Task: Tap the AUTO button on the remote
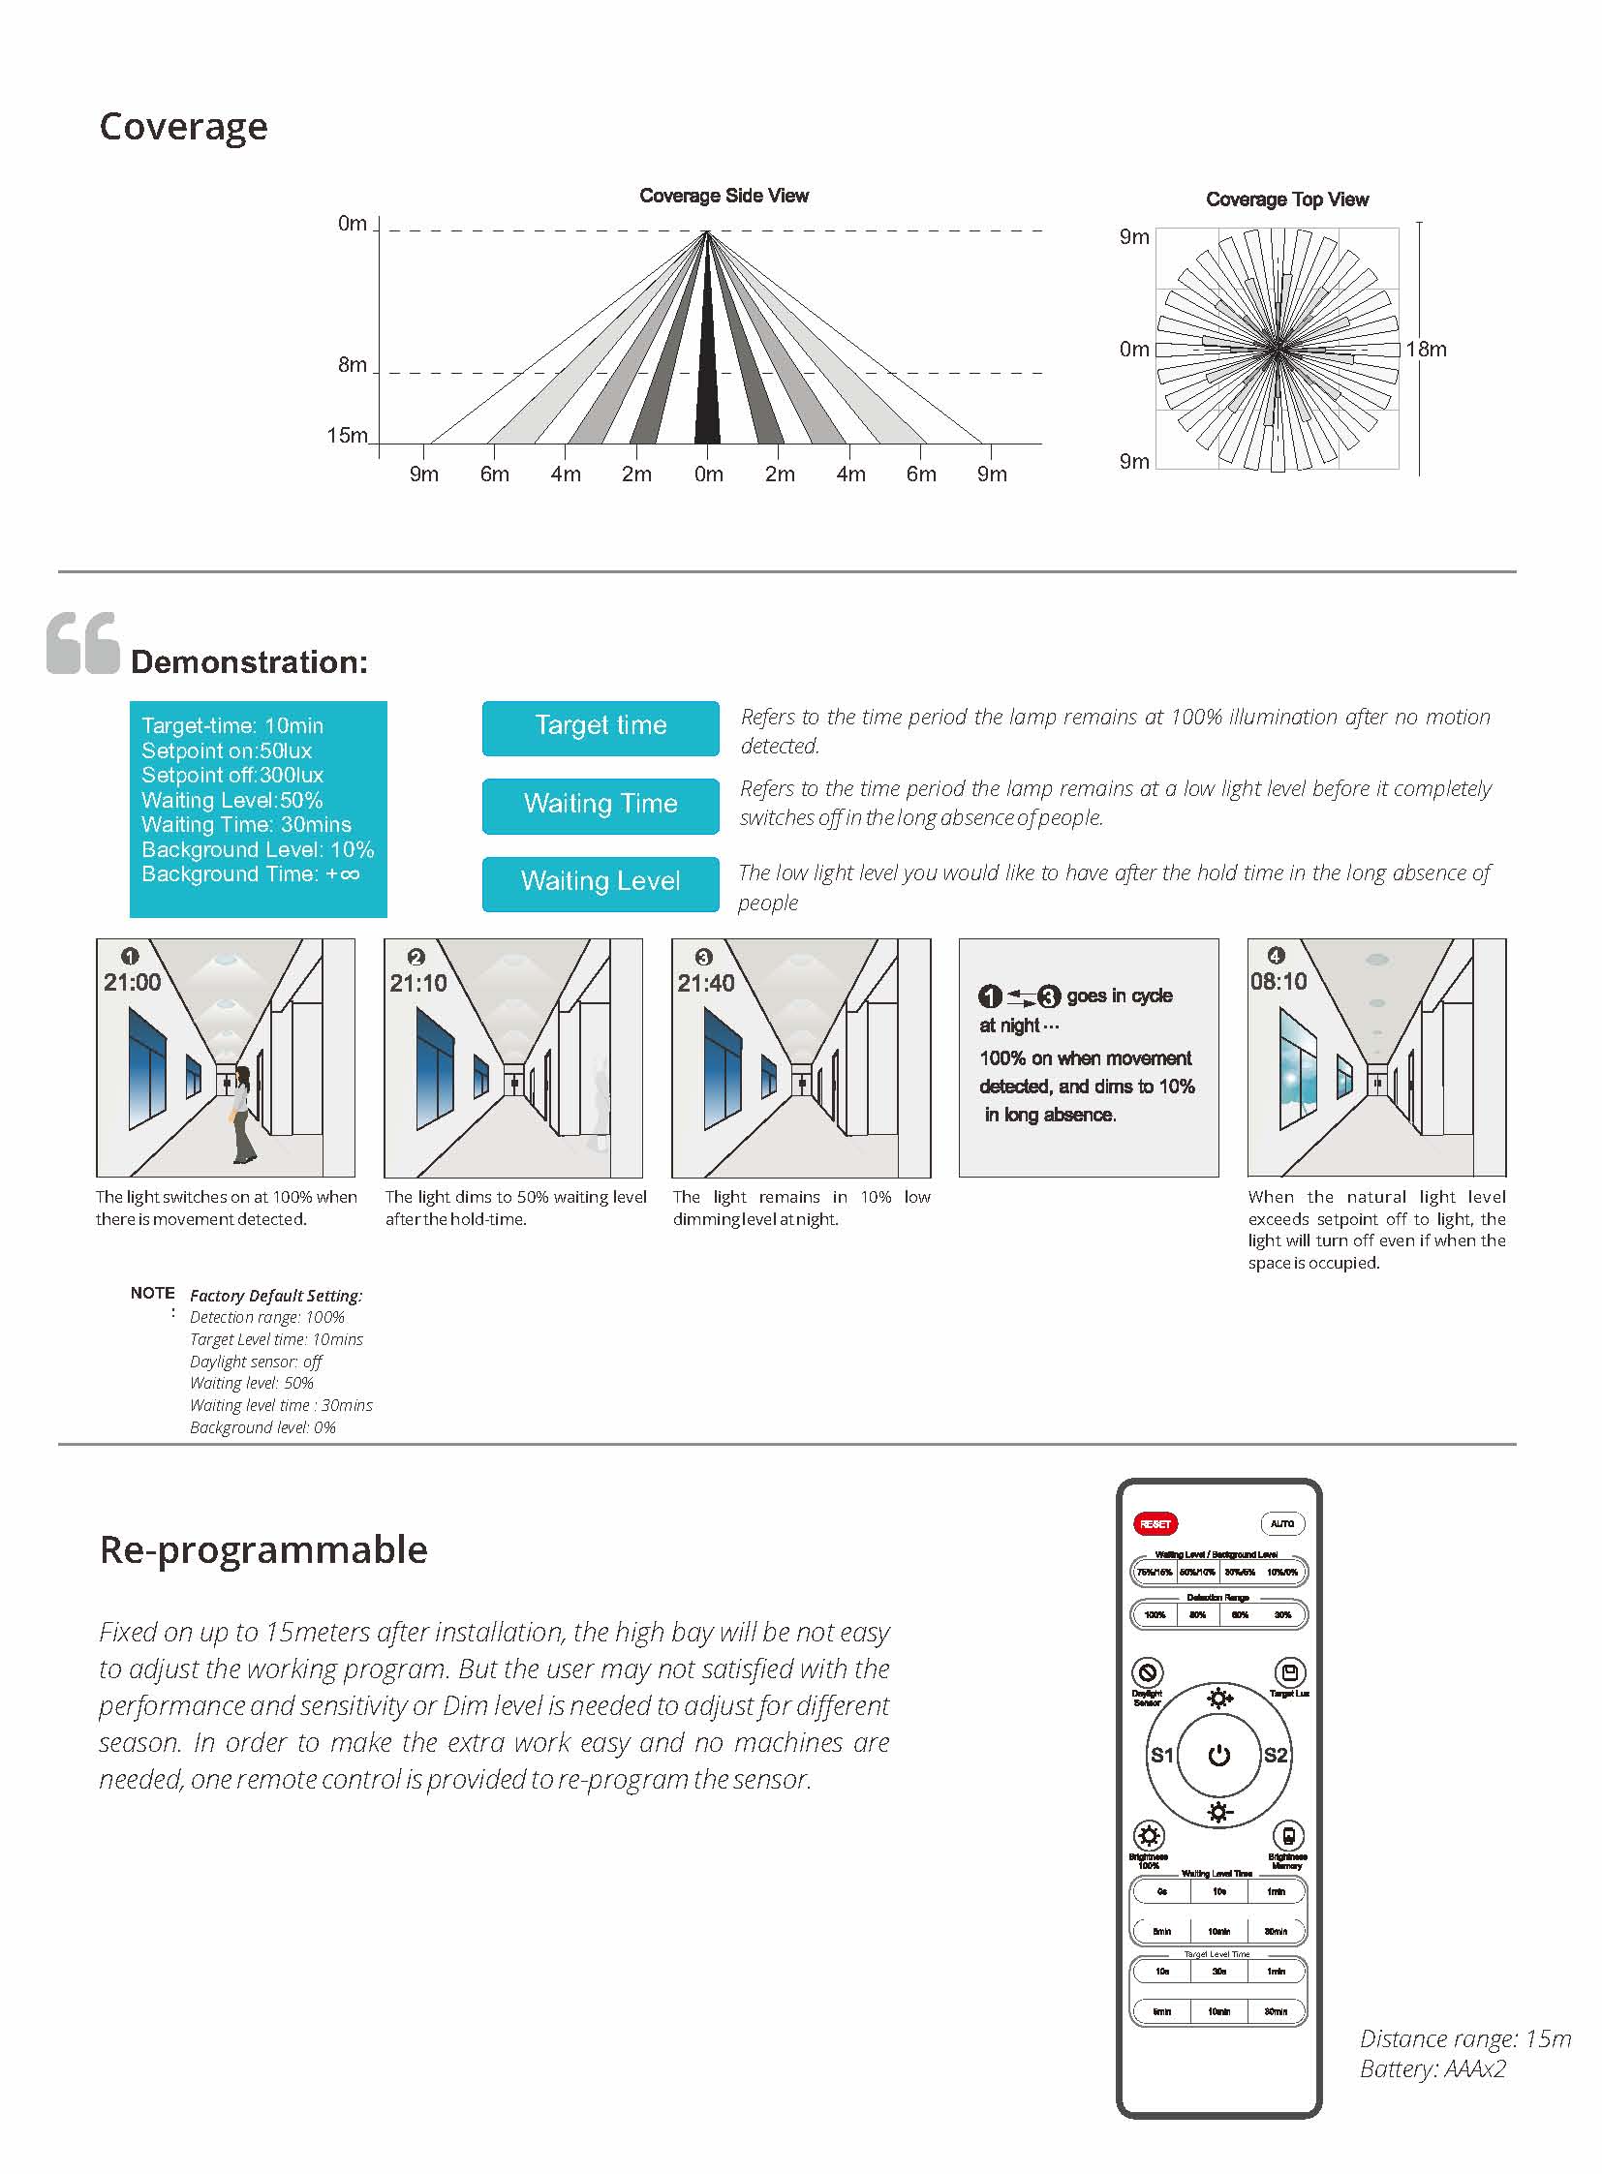tap(1281, 1523)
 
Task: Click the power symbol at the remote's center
tap(1219, 1755)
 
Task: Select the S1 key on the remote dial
tap(1161, 1755)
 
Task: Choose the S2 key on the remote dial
tap(1276, 1755)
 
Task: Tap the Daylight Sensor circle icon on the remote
tap(1148, 1672)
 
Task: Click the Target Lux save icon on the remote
tap(1290, 1672)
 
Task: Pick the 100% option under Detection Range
tap(1155, 1614)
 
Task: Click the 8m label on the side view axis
tap(352, 365)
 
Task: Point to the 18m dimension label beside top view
tap(1427, 349)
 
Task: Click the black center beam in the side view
tap(707, 388)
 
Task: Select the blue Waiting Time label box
tap(601, 805)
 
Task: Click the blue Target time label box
tap(601, 727)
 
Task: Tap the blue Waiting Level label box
tap(601, 882)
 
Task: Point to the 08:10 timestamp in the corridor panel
tap(1279, 981)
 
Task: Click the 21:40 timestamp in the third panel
tap(705, 983)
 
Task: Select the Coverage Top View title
tap(1287, 199)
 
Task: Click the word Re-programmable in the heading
tap(263, 1550)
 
